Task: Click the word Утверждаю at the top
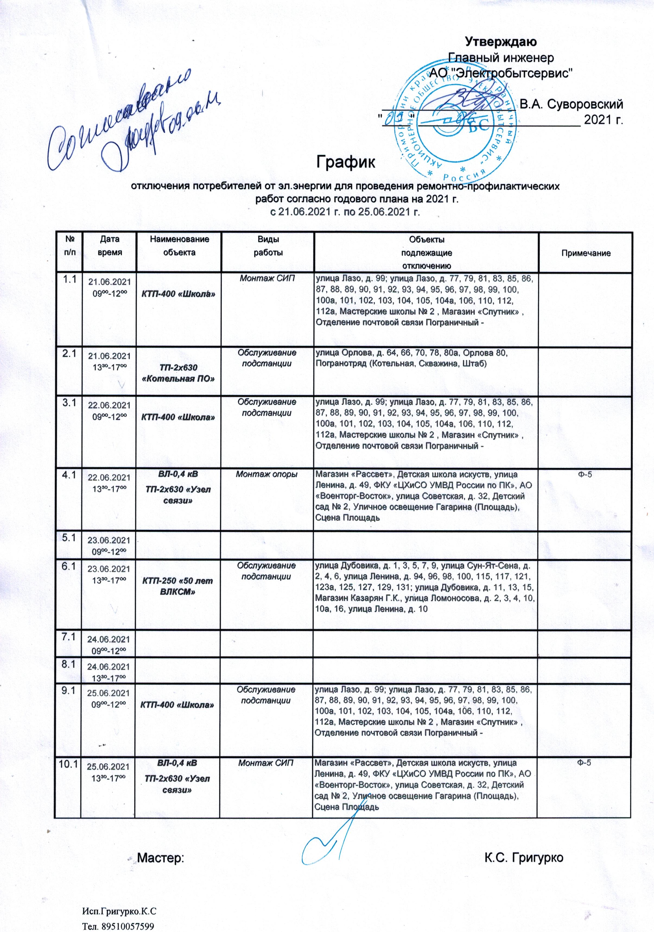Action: click(501, 42)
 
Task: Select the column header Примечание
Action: click(586, 253)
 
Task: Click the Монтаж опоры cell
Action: click(268, 474)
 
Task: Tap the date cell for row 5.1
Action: click(110, 545)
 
